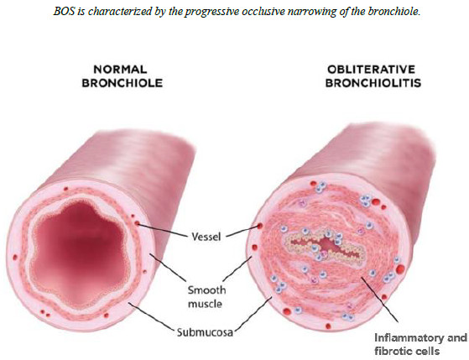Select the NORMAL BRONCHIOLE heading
tap(122, 76)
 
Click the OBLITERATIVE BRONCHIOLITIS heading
tap(373, 76)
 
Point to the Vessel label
tap(206, 237)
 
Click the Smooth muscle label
tap(206, 297)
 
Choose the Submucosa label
tap(205, 332)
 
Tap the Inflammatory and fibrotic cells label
tap(420, 344)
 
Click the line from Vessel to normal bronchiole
tap(162, 230)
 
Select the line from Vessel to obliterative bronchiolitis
tap(242, 232)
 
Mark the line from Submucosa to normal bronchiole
tap(152, 317)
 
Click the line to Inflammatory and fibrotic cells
tap(380, 300)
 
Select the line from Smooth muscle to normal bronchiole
tap(169, 268)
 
